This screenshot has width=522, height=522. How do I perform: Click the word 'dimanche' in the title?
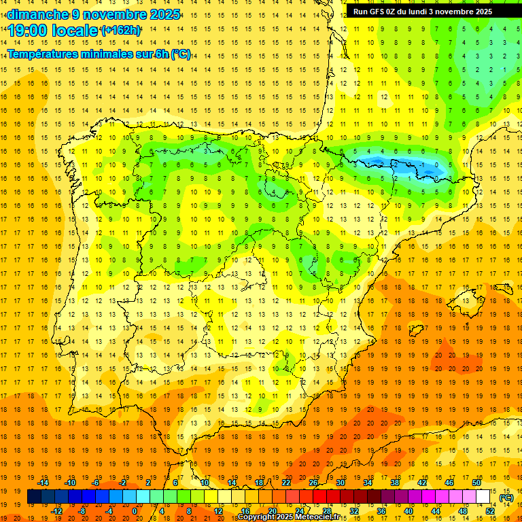(37, 14)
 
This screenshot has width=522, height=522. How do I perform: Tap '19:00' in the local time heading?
(28, 30)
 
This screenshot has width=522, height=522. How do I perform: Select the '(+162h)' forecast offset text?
(120, 30)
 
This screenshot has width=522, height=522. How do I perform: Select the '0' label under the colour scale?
(135, 510)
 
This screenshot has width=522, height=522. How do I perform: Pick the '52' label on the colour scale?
(490, 510)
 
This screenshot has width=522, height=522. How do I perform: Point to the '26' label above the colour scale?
(313, 483)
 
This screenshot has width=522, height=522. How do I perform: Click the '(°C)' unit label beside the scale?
(506, 497)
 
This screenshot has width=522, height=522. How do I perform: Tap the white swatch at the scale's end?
(483, 497)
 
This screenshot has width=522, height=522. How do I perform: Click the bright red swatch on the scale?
(319, 497)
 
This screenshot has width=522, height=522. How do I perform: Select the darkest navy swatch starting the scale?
(34, 497)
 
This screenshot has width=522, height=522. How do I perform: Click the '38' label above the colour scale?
(395, 483)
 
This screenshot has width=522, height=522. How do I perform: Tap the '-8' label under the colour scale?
(82, 510)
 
